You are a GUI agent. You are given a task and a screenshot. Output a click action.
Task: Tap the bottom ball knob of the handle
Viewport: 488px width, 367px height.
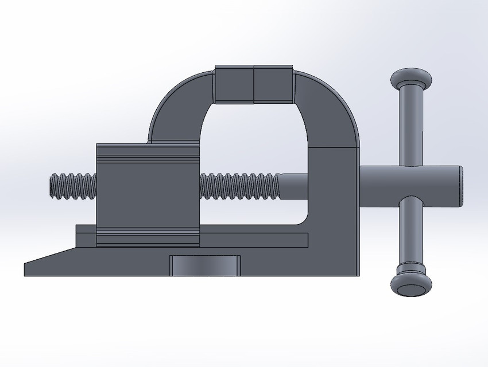(411, 284)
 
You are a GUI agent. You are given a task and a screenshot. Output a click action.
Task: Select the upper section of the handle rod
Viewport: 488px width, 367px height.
(411, 126)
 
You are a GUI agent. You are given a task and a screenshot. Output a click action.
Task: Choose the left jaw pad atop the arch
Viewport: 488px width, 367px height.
(234, 85)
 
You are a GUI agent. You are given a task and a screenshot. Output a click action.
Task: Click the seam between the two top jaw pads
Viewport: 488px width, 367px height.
(254, 85)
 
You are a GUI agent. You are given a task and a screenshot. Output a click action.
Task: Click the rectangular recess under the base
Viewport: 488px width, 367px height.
(205, 266)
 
